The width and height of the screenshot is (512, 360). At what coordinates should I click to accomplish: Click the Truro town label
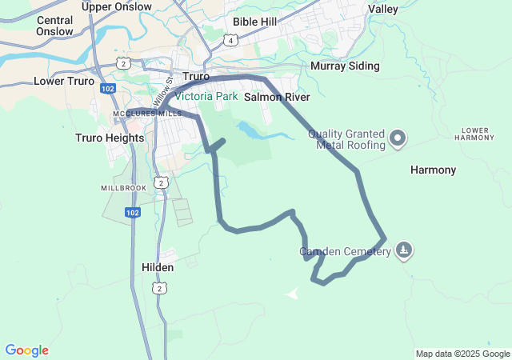pos(196,77)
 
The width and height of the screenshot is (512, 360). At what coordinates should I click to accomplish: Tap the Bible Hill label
pos(254,22)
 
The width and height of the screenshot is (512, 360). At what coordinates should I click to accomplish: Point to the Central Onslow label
pos(54,26)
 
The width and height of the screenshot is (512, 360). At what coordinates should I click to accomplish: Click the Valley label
pos(383,9)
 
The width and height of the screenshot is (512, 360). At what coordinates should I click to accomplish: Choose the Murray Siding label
pos(345,66)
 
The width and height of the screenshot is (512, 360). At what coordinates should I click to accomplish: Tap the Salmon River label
pos(277,97)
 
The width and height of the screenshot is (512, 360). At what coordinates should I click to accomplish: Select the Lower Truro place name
pos(63,81)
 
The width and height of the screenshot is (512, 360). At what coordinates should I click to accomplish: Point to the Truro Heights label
pos(110,138)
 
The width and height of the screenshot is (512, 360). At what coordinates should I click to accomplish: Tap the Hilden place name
pos(158,267)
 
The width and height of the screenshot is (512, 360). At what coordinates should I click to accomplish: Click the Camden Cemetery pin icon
pos(406,251)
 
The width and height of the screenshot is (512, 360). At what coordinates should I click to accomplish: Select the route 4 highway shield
pos(231,40)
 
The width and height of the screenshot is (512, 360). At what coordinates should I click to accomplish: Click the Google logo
pos(26,350)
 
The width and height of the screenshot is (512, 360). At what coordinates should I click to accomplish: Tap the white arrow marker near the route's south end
pos(293,293)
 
